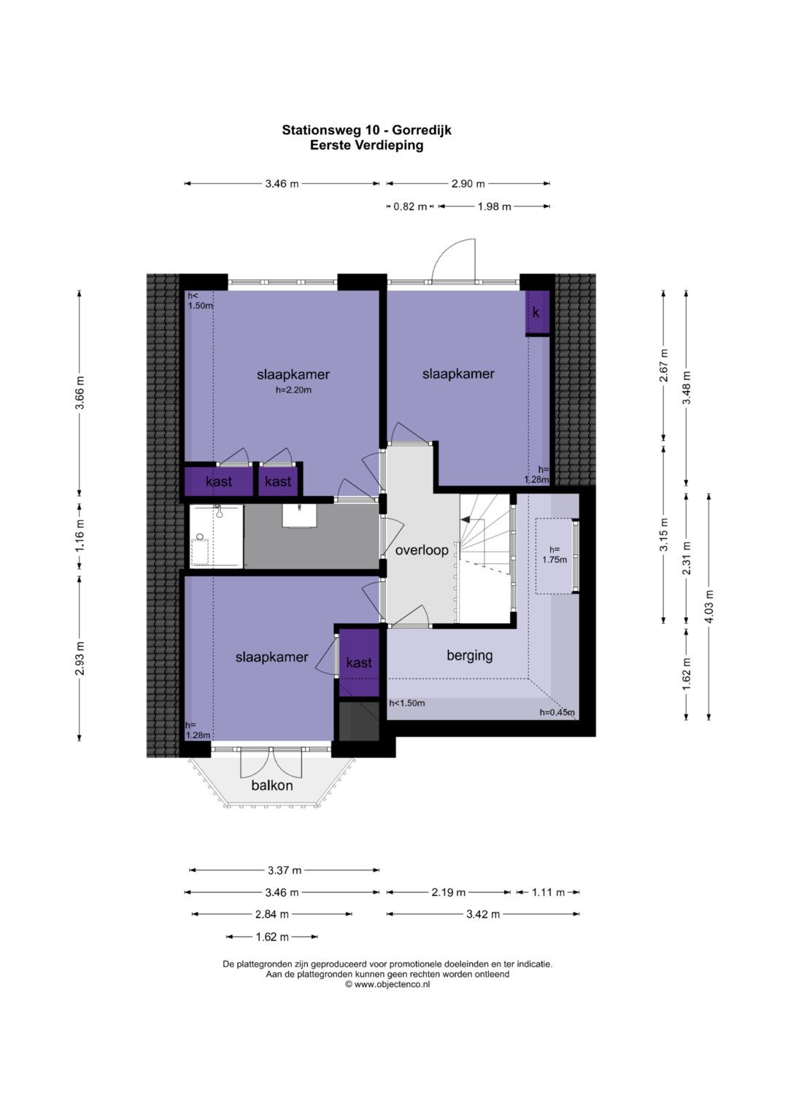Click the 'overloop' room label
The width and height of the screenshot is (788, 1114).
422,550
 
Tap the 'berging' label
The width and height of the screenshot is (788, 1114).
469,655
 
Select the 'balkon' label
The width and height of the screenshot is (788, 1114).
271,786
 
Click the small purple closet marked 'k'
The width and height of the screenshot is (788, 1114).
538,312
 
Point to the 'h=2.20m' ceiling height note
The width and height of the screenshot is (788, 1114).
293,390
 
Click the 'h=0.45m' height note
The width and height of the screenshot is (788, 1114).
557,713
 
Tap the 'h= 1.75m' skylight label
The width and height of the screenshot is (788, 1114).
555,554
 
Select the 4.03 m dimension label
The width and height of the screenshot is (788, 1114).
709,606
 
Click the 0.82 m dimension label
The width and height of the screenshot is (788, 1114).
410,206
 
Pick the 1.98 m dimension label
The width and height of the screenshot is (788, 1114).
494,206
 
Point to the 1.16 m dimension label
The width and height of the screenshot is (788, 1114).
80,535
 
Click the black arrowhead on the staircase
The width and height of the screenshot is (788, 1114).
466,519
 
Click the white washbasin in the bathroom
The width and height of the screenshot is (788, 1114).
299,515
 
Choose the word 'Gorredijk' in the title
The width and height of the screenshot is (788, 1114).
422,131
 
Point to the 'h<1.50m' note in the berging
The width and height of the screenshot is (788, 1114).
407,703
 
